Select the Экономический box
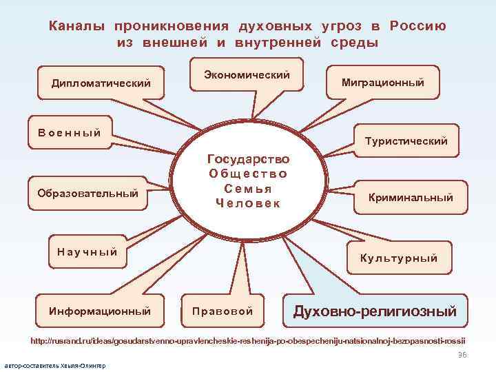pyautogui.click(x=247, y=74)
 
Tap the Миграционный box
pyautogui.click(x=382, y=83)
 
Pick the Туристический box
pyautogui.click(x=406, y=141)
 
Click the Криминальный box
pyautogui.click(x=411, y=198)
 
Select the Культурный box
pyautogui.click(x=399, y=258)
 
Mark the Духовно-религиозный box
pyautogui.click(x=375, y=311)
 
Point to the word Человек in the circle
pyautogui.click(x=248, y=203)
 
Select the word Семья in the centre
pyautogui.click(x=248, y=188)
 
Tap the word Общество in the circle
pyautogui.click(x=248, y=174)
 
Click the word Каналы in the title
pyautogui.click(x=76, y=26)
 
